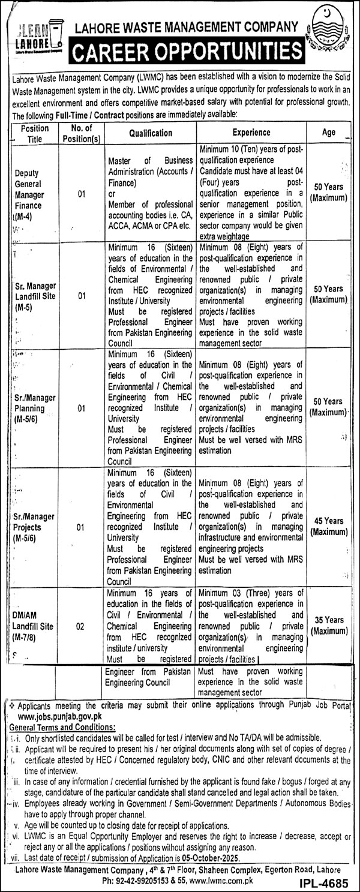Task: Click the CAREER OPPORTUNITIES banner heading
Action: [x=185, y=53]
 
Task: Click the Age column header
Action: [x=328, y=133]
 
